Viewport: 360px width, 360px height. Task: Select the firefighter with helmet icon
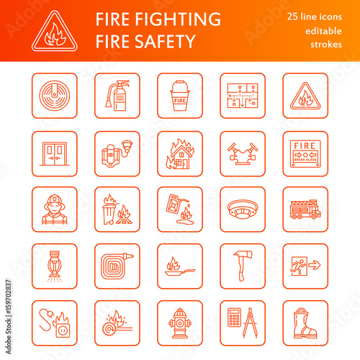(53, 210)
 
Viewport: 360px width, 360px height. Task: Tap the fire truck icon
(305, 210)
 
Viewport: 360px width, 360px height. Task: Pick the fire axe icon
(243, 266)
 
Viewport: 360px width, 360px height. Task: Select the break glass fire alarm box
(305, 153)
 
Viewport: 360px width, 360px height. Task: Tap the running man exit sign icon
(305, 266)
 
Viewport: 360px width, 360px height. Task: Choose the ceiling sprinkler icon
(53, 266)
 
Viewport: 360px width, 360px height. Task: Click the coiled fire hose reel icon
(117, 266)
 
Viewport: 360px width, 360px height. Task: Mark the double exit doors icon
(53, 153)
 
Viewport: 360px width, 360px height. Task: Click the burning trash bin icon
(117, 210)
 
